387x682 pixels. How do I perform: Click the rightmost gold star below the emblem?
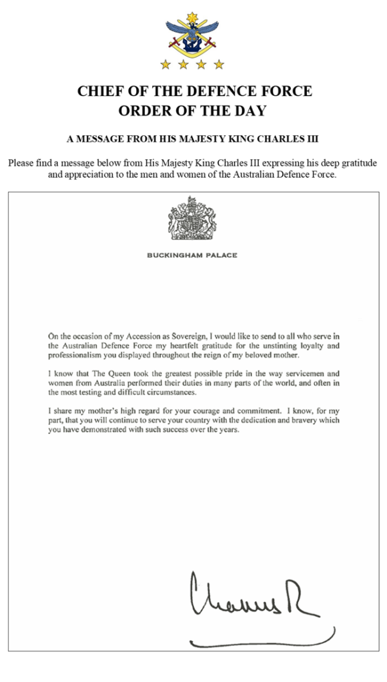coord(219,64)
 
